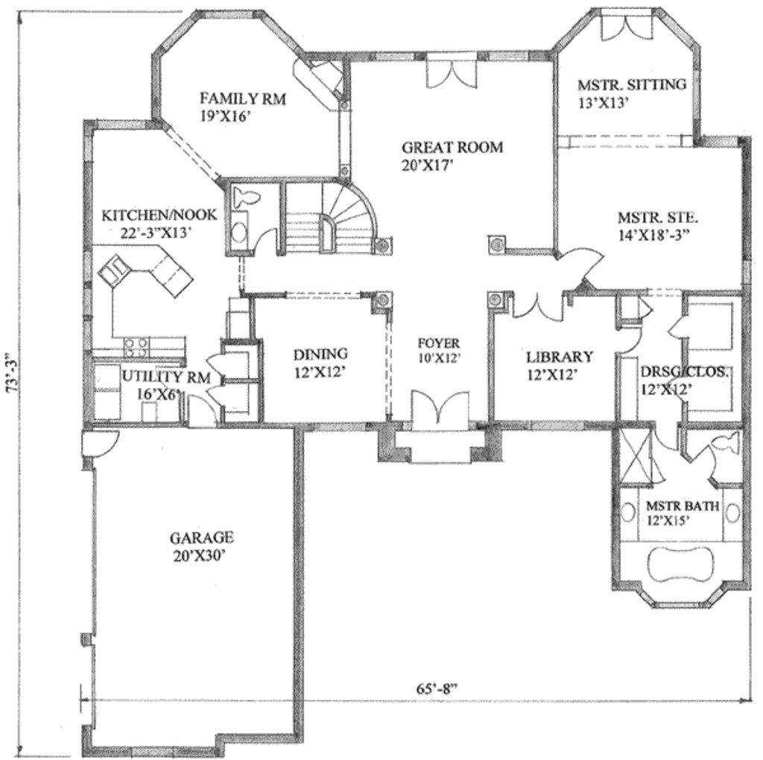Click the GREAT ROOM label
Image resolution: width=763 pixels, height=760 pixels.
[452, 147]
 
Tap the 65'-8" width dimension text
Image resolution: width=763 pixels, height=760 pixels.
[437, 688]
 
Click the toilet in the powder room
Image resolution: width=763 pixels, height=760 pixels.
[244, 198]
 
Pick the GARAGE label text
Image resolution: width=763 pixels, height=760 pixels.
[201, 537]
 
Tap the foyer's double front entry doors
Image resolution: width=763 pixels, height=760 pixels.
[439, 412]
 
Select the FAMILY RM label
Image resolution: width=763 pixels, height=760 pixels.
[243, 98]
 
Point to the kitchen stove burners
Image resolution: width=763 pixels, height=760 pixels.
[136, 345]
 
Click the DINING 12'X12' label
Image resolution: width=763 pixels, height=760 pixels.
[320, 361]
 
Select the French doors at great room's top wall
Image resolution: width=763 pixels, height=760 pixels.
[450, 74]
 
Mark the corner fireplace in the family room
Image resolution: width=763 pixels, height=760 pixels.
[320, 81]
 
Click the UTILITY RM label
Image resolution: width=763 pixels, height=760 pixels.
[166, 377]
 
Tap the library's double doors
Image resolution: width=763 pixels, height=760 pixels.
[537, 307]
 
